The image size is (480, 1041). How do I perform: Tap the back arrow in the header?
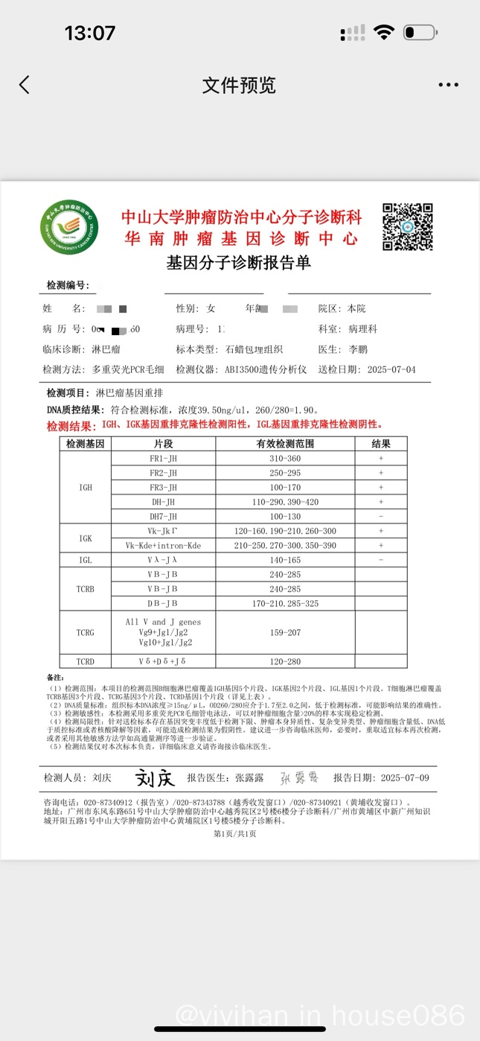click(x=25, y=85)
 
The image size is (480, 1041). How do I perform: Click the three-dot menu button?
click(x=448, y=85)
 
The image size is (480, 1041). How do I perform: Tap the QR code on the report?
click(x=407, y=227)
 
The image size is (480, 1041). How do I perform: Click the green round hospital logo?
click(x=69, y=227)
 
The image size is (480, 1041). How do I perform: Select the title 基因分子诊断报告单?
click(x=238, y=263)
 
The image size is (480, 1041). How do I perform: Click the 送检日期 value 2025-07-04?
click(x=391, y=369)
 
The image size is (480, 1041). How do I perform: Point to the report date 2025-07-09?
click(x=405, y=777)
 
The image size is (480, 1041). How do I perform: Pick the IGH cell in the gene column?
click(x=86, y=487)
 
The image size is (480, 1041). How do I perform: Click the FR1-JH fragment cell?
click(x=163, y=459)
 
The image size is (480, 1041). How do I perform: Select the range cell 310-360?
click(x=285, y=459)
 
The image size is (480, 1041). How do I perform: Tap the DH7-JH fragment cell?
click(x=163, y=516)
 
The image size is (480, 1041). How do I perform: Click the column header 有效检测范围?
click(x=285, y=444)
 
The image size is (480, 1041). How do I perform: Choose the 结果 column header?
click(x=381, y=444)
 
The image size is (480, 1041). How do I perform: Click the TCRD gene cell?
click(x=86, y=661)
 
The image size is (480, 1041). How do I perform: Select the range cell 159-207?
click(x=285, y=632)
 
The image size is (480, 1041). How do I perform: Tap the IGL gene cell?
click(x=86, y=559)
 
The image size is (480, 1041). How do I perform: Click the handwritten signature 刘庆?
click(x=155, y=778)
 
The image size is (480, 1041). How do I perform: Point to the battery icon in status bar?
click(x=420, y=33)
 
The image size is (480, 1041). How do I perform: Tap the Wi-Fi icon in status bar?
click(x=384, y=33)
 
